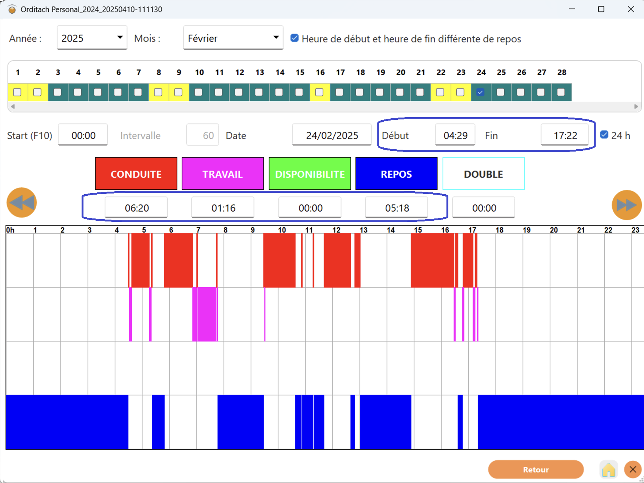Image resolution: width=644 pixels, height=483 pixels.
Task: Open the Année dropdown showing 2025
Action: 92,38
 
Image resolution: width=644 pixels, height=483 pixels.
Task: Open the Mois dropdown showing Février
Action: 233,38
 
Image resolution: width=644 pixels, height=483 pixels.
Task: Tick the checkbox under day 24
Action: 480,92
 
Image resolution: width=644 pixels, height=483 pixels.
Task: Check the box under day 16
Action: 320,92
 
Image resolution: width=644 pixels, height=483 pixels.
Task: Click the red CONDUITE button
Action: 136,174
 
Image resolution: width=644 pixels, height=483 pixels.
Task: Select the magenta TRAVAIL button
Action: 222,174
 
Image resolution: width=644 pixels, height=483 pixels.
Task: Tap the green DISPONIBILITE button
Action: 310,174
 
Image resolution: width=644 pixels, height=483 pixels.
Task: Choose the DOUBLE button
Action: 483,174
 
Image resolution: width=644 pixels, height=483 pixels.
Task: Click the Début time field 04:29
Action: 455,135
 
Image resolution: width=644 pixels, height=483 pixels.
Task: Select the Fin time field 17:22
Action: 565,135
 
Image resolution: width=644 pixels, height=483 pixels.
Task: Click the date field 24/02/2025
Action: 332,135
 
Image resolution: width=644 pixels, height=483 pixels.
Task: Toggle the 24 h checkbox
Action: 604,135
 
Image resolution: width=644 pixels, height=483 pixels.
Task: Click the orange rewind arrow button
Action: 22,203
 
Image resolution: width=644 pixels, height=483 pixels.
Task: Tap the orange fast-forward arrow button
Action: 627,205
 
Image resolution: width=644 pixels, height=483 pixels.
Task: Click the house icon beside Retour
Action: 609,470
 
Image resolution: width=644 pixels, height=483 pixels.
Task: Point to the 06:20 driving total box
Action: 136,207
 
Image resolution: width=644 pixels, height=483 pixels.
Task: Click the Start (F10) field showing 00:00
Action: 83,135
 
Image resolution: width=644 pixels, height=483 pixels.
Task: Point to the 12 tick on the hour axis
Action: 336,230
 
